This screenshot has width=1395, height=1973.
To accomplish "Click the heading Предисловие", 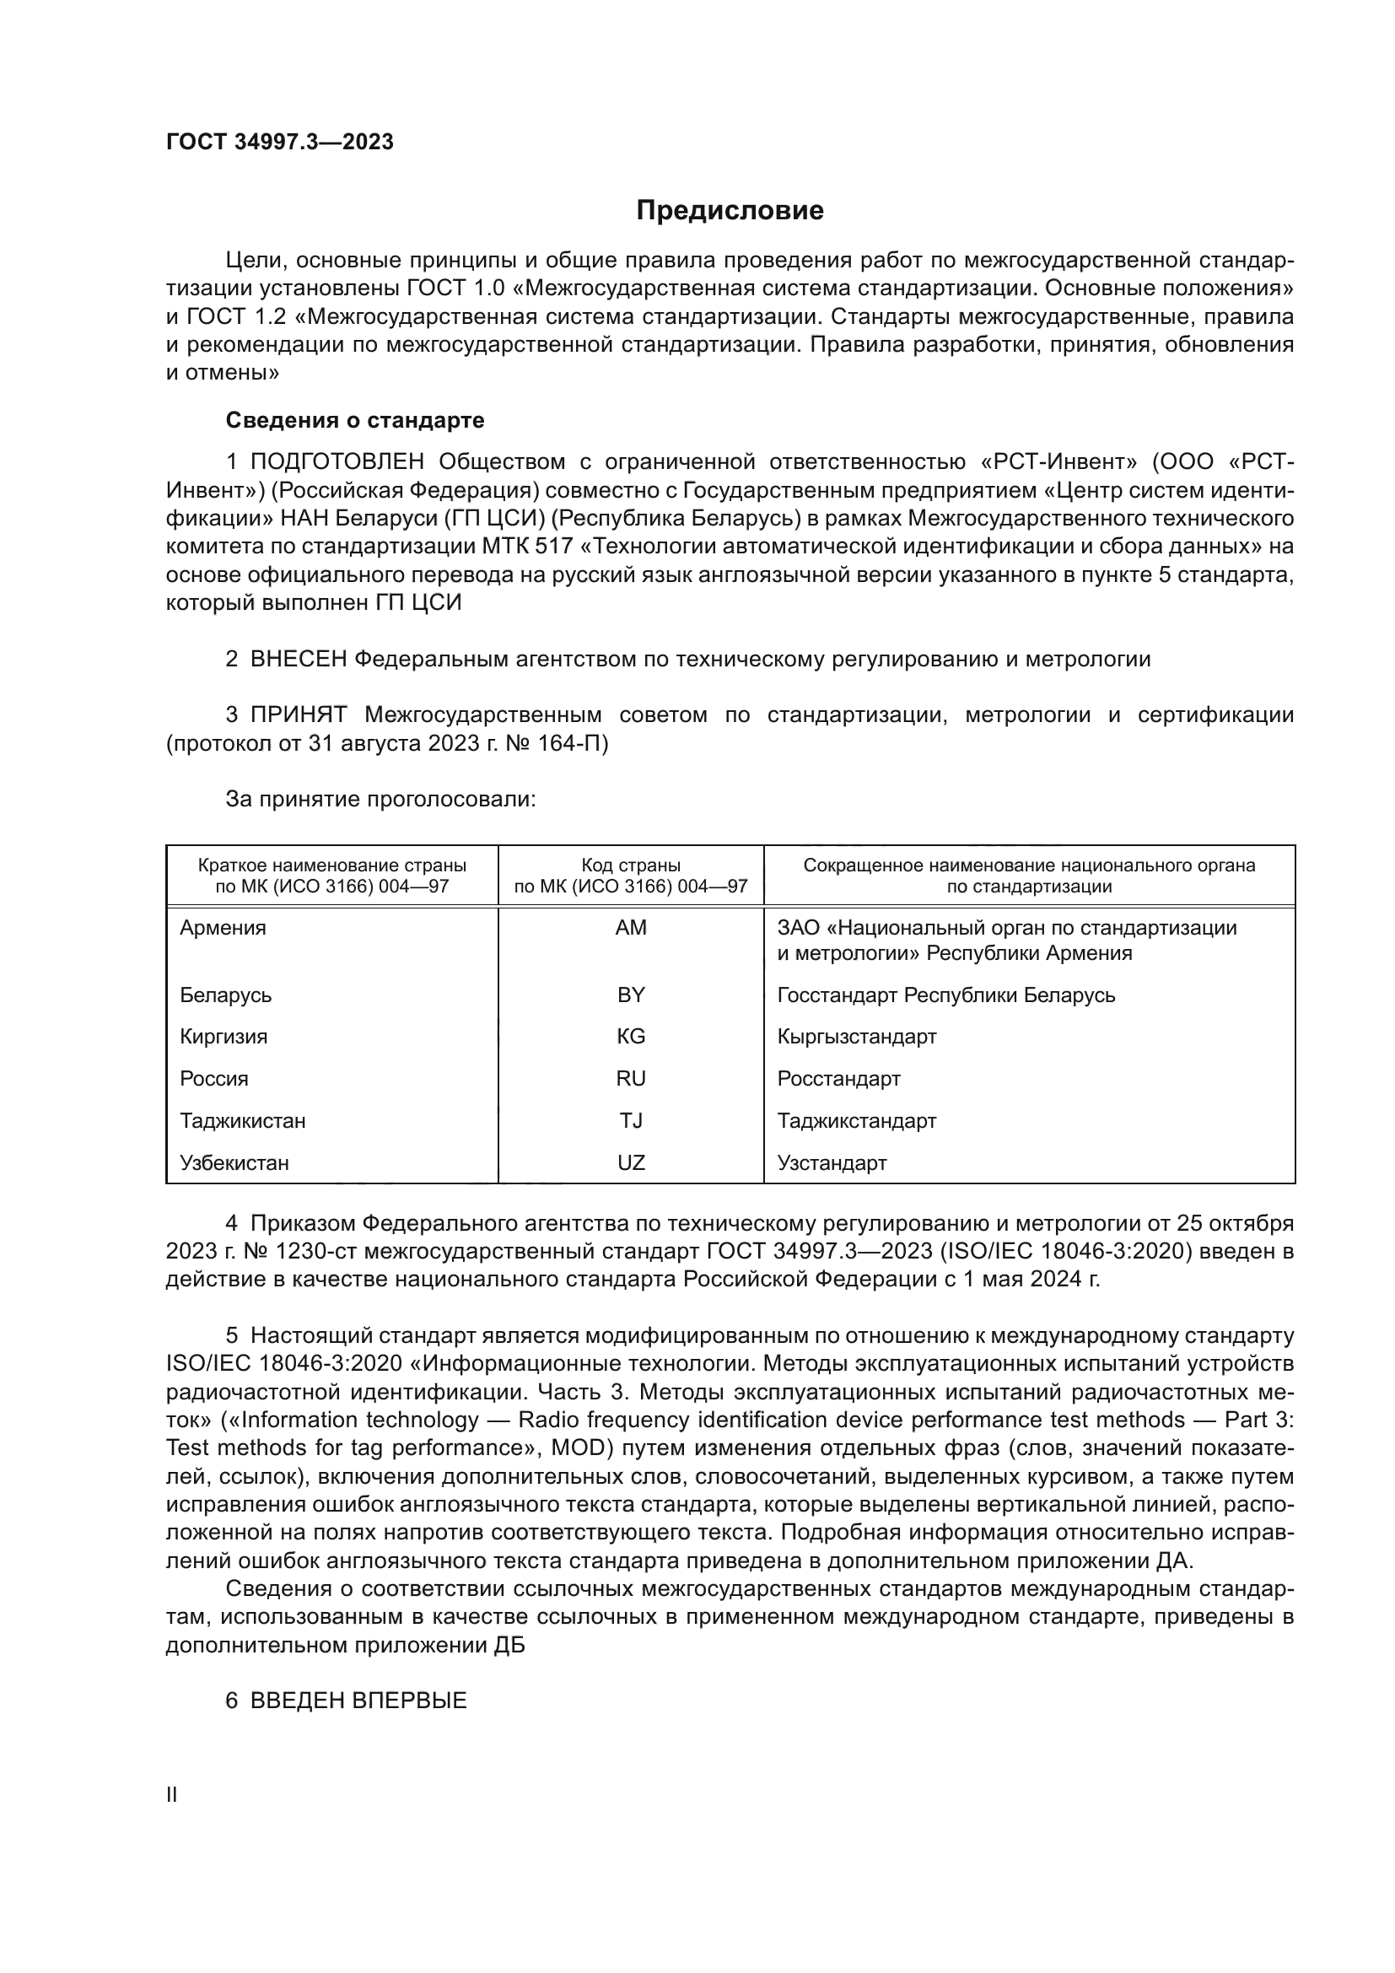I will [730, 211].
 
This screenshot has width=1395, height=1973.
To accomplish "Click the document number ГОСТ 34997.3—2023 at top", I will [280, 142].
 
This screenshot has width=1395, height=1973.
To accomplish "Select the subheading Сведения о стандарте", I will [355, 420].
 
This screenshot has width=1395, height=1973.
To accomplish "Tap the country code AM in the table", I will [631, 928].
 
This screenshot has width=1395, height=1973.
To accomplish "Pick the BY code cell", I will [631, 995].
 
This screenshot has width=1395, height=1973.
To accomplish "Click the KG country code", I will [631, 1037].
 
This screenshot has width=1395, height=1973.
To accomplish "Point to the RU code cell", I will [631, 1079].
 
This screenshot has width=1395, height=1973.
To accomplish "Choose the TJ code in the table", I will [631, 1120].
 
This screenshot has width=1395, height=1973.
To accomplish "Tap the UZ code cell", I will [631, 1162].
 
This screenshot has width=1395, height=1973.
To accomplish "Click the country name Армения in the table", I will [224, 928].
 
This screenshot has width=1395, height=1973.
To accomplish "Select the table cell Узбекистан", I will [234, 1162].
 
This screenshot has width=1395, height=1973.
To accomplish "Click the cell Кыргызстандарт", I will [856, 1037].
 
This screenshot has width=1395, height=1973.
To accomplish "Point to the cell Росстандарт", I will [838, 1079].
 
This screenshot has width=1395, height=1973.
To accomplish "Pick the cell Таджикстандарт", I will [856, 1120].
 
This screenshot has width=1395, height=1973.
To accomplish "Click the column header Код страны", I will [631, 865].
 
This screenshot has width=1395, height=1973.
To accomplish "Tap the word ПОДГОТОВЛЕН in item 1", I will [337, 462].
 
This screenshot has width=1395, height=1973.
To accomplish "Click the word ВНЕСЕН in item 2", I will [299, 659].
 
